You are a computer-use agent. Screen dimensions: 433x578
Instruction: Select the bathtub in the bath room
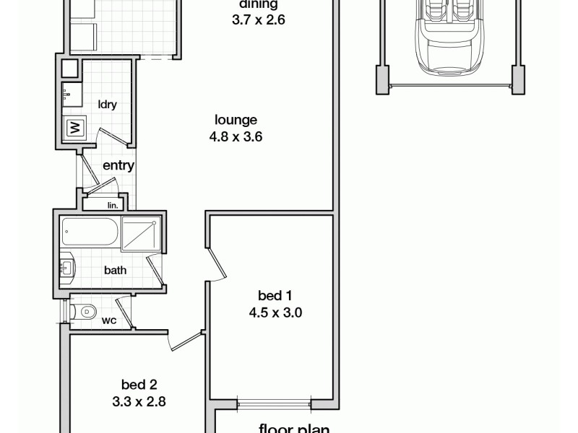(90, 232)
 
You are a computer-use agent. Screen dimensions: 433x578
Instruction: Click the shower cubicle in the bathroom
(142, 233)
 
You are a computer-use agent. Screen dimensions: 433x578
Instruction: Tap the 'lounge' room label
(236, 120)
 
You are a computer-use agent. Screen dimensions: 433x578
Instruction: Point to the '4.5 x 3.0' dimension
(275, 312)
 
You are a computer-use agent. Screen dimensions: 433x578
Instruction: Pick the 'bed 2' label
(139, 385)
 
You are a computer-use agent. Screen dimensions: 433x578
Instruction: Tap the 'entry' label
(118, 165)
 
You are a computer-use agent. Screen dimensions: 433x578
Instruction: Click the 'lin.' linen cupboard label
(112, 205)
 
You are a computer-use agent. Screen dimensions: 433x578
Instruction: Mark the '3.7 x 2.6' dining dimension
(258, 20)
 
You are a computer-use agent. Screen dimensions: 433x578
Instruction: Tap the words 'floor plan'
(294, 428)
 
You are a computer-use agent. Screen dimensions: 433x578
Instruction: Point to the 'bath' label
(116, 271)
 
